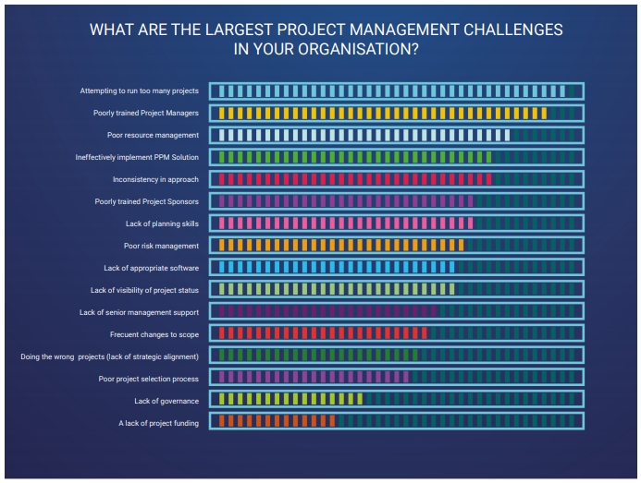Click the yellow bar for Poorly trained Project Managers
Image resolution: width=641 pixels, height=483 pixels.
point(379,113)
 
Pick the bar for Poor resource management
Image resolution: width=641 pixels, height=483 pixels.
point(361,135)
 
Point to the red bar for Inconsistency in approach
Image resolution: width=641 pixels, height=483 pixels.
point(351,179)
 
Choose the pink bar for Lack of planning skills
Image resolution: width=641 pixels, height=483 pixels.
point(342,223)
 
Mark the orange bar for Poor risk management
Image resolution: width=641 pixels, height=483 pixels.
point(338,245)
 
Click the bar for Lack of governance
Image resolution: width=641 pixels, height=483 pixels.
point(288,399)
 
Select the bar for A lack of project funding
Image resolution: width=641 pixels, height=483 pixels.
point(268,421)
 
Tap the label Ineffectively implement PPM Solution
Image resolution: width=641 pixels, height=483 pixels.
point(137,157)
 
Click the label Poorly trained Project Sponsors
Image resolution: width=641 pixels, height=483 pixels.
point(146,201)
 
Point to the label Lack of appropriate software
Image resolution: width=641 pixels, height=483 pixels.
point(151,268)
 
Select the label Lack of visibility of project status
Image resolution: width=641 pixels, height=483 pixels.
point(144,290)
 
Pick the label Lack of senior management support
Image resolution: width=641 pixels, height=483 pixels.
point(139,312)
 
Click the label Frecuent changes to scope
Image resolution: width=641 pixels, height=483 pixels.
point(154,334)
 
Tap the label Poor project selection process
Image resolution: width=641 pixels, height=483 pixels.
point(148,379)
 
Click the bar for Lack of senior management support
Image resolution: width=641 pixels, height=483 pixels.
point(324,311)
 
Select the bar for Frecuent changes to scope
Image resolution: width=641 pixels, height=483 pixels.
point(320,333)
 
